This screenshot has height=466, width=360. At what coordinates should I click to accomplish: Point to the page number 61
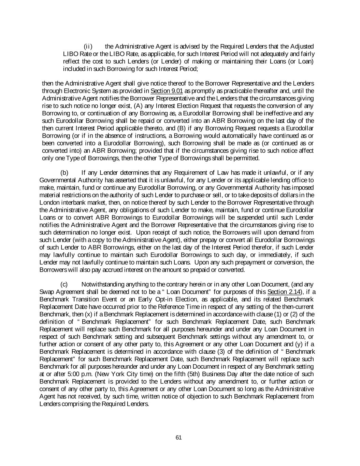pos(178,438)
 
